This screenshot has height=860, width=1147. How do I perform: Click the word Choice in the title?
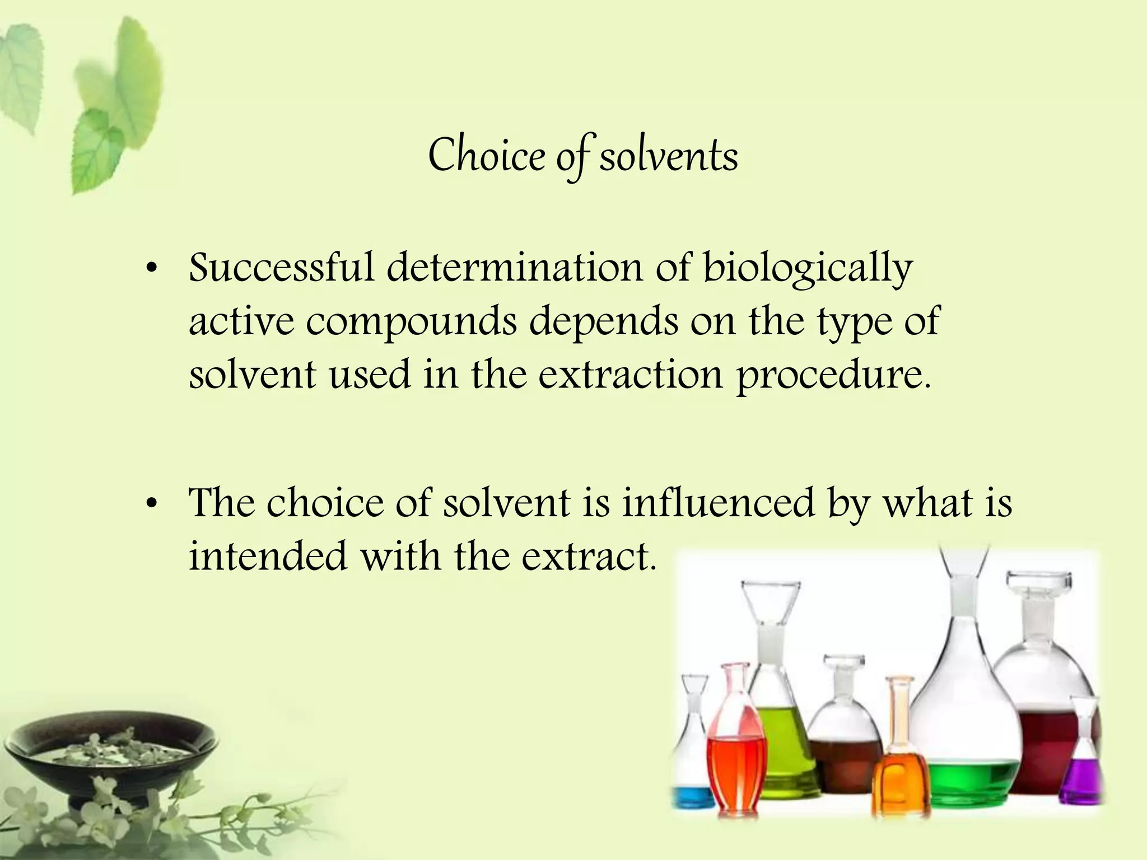coord(486,156)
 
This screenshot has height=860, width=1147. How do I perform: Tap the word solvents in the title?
coord(669,156)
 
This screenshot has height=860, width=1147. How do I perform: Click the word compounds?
coord(412,322)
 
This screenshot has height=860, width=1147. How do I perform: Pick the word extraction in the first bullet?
coord(631,375)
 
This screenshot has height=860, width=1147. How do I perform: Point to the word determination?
coord(515,268)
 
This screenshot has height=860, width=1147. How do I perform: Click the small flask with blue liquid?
coord(693,795)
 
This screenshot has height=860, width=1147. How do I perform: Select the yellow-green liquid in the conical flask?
coord(781,750)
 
